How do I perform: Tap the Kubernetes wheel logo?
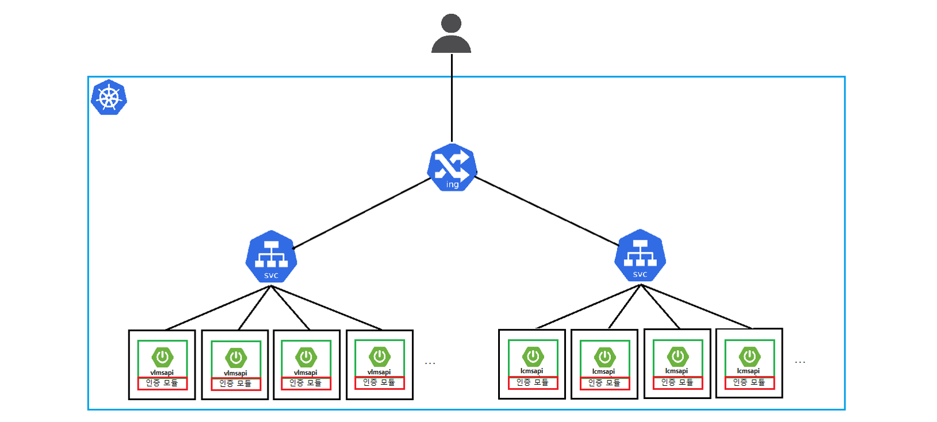click(109, 97)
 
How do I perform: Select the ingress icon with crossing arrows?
click(452, 167)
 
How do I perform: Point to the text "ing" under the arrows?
click(453, 185)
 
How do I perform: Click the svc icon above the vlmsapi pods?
click(271, 257)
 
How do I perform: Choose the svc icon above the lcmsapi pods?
click(640, 256)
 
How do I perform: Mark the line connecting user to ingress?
click(452, 98)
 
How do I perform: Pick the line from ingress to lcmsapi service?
click(546, 211)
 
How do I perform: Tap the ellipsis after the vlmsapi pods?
click(430, 363)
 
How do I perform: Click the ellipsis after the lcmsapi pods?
click(800, 362)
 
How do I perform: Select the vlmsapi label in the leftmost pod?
click(162, 373)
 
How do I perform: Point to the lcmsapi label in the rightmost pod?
click(748, 371)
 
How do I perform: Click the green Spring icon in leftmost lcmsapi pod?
click(533, 356)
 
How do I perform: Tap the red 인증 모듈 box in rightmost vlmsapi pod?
click(379, 382)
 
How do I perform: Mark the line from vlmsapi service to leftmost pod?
click(219, 308)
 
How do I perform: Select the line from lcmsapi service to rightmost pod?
click(696, 306)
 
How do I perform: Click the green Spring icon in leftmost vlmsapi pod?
click(162, 357)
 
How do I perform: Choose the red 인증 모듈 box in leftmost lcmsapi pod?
click(533, 382)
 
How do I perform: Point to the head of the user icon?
click(452, 23)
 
